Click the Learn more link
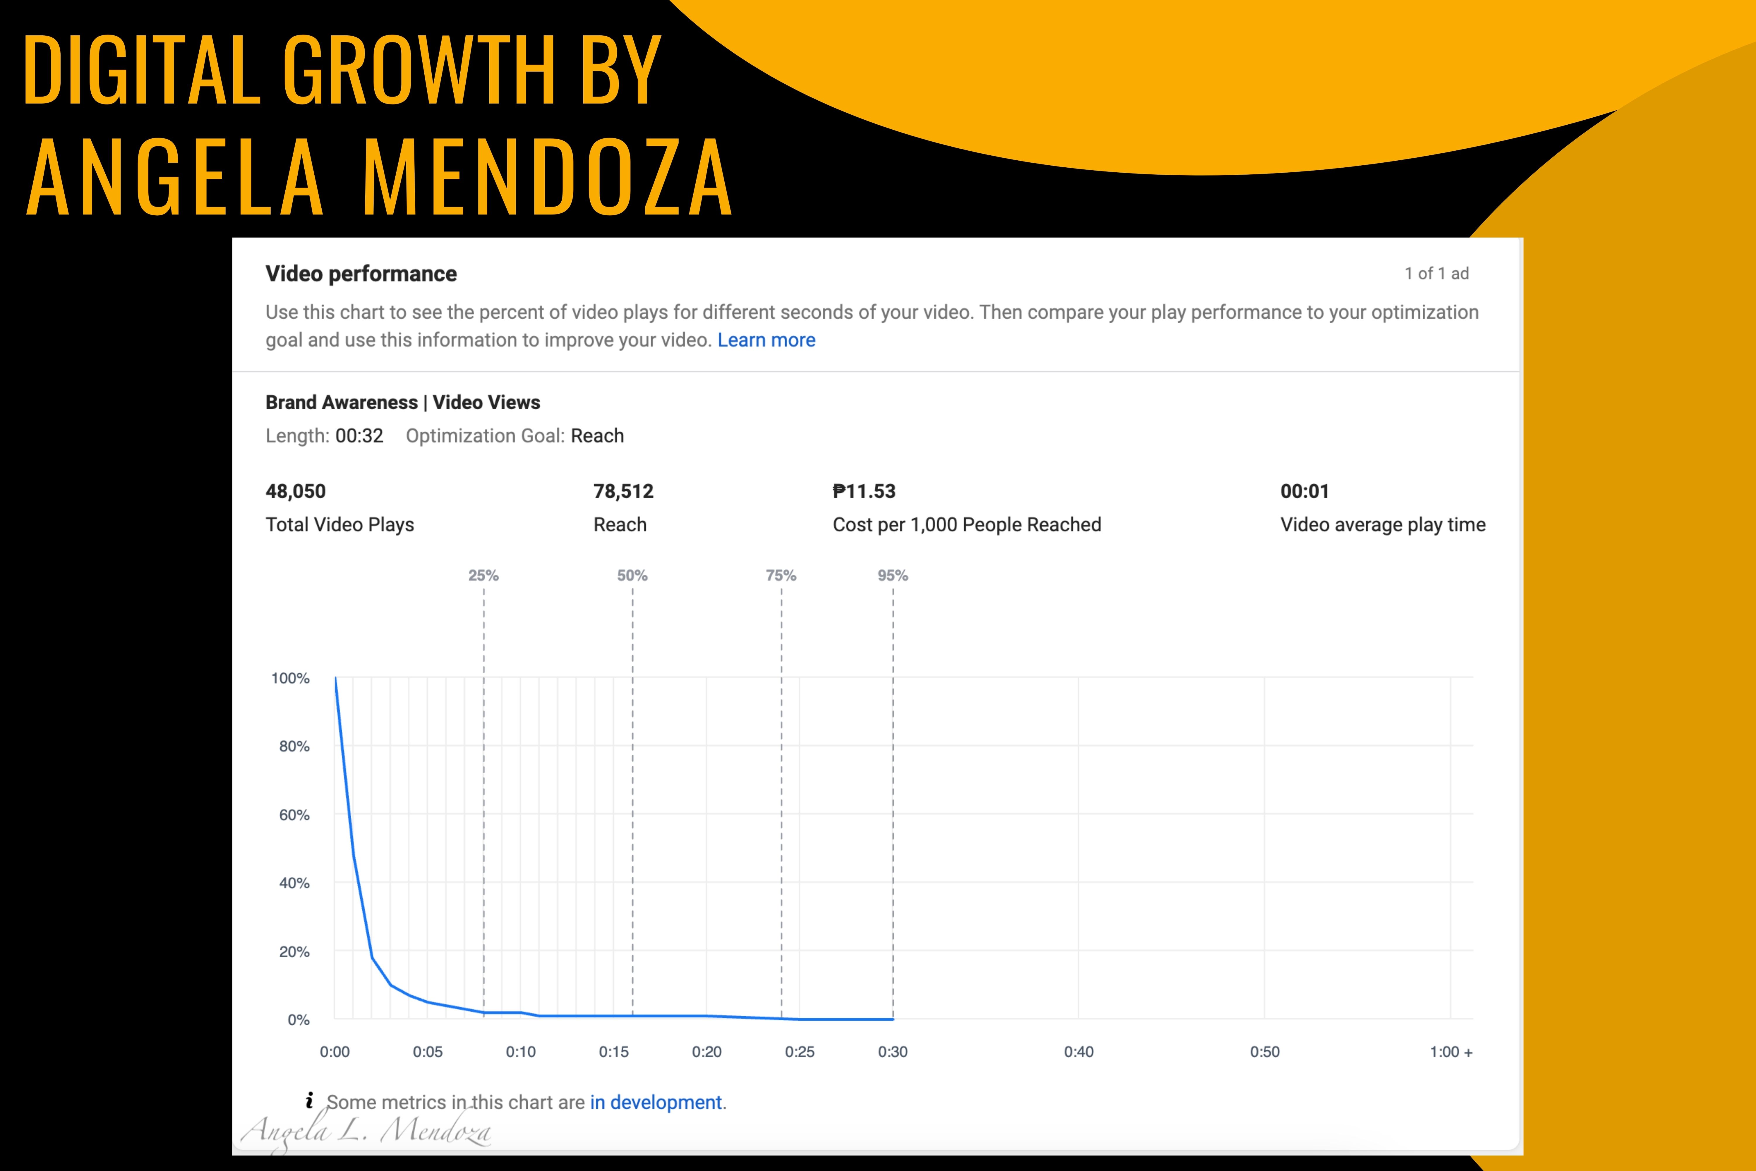click(766, 341)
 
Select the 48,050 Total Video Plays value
click(296, 491)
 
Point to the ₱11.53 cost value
click(864, 491)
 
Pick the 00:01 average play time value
click(1305, 491)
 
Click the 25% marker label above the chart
click(483, 576)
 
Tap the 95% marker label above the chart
click(893, 576)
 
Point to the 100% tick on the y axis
click(291, 678)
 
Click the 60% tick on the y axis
click(294, 815)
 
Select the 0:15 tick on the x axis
click(614, 1052)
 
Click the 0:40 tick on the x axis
click(1078, 1052)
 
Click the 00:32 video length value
click(359, 436)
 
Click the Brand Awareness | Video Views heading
click(403, 403)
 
